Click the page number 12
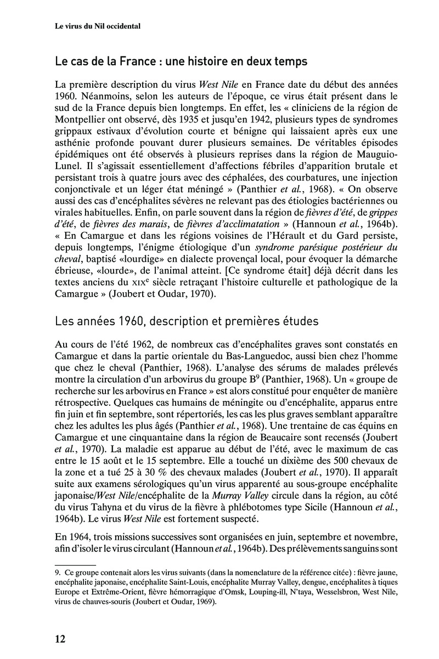(x=60, y=638)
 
